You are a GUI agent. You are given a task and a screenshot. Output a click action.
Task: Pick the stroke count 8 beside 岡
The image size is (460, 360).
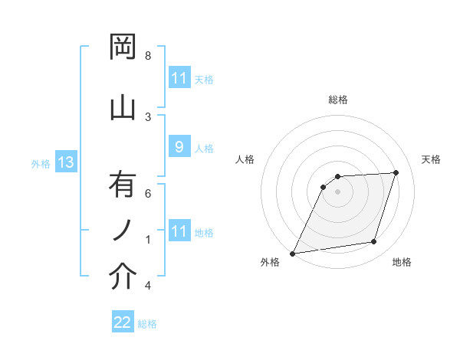[148, 56]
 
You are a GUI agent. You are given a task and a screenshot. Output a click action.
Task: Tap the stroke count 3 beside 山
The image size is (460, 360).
[148, 116]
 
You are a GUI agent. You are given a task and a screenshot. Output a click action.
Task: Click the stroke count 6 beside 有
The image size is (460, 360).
[148, 194]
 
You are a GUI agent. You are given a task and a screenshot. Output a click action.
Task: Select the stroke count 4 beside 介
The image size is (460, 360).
[148, 286]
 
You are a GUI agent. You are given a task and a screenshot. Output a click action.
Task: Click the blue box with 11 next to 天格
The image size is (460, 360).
[179, 78]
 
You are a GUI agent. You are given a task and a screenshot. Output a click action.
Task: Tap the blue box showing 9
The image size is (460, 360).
[179, 147]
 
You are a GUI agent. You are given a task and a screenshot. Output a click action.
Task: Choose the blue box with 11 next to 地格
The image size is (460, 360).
[179, 231]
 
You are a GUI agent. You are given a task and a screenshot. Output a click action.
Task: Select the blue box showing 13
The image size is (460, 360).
[66, 162]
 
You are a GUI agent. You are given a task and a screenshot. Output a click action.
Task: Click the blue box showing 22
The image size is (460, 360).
[123, 322]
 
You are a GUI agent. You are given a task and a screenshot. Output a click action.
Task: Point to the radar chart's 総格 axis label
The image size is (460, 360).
[338, 100]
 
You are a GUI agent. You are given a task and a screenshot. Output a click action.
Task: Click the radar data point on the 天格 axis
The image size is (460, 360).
[396, 173]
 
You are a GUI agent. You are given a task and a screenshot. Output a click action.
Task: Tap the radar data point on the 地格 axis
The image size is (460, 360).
[374, 242]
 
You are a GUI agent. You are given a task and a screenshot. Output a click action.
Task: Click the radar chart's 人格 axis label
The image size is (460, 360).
[245, 159]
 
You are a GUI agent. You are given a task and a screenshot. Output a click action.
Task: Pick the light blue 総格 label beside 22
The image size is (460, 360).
[147, 324]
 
